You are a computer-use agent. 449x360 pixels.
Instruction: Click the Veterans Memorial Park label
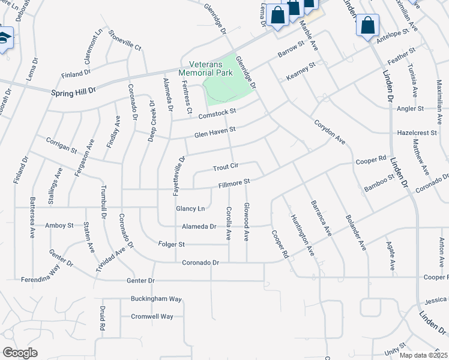[206, 68]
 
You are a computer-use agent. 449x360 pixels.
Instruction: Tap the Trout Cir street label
[226, 166]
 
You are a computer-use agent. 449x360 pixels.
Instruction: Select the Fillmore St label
[234, 181]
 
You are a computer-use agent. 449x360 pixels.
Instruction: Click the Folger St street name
[171, 244]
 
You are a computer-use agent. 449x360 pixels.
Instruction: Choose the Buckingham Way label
[157, 298]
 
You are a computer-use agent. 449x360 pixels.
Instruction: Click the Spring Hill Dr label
[73, 92]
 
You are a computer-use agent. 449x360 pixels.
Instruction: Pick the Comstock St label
[217, 111]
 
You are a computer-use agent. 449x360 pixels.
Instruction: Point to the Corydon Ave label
[330, 131]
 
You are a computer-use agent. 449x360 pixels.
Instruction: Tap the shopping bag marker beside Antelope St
[367, 26]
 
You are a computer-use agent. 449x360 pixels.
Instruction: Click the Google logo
[20, 353]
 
